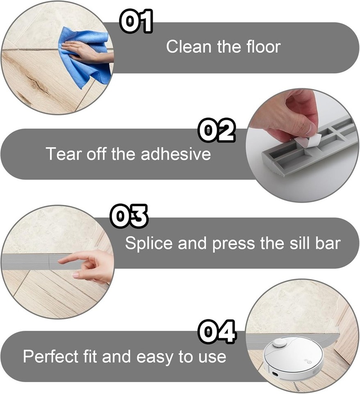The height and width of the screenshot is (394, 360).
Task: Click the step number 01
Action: (x=136, y=22)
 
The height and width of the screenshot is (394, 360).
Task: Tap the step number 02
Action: (x=216, y=131)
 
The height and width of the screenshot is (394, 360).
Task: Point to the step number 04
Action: (x=217, y=332)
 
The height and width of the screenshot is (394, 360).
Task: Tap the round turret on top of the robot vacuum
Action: (x=279, y=342)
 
